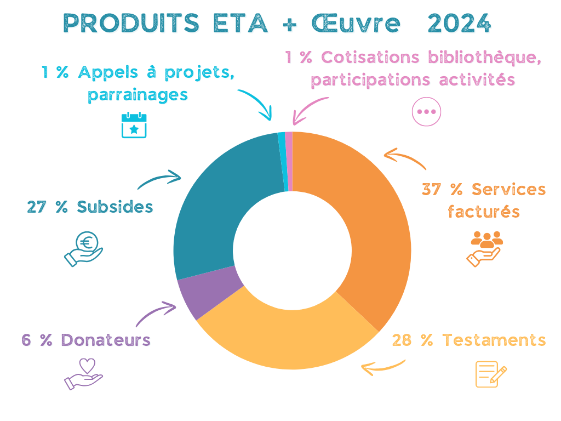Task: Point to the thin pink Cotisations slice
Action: coord(289,161)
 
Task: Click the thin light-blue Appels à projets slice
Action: coord(283,161)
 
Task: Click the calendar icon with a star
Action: coord(134,125)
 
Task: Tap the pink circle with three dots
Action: coord(426,111)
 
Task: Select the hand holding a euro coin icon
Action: coord(84,249)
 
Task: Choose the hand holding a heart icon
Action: coord(84,374)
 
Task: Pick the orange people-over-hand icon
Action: coord(485,248)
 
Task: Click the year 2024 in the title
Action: coord(459,22)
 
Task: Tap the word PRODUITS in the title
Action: coord(131,22)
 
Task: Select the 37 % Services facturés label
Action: coord(484,200)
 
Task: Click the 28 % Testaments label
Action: coord(469,340)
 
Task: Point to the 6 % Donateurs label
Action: coord(86,340)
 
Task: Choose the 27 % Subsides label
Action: coord(90,207)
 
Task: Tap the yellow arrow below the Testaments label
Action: coord(383,367)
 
